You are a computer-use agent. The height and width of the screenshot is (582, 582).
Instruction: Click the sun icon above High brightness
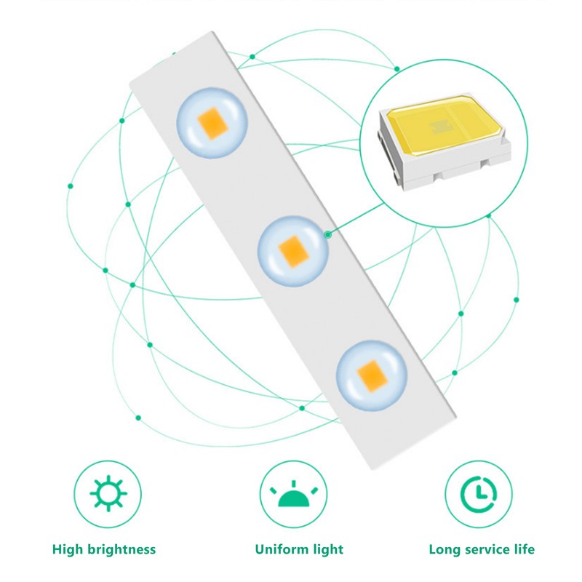(x=108, y=494)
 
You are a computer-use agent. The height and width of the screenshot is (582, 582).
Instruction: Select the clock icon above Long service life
(x=479, y=495)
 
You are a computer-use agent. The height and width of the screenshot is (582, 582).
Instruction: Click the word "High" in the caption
(x=68, y=550)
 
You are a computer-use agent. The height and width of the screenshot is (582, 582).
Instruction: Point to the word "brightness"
(x=121, y=550)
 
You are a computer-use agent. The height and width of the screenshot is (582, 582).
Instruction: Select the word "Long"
(x=445, y=550)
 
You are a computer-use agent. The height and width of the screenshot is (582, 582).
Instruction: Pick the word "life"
(x=524, y=549)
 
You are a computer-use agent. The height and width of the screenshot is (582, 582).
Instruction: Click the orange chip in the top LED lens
(x=212, y=124)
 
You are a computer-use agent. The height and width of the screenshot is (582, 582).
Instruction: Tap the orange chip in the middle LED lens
(x=294, y=251)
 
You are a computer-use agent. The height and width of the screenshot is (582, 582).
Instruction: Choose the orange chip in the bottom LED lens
(x=372, y=376)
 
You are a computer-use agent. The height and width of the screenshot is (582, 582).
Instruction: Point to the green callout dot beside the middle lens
(x=327, y=234)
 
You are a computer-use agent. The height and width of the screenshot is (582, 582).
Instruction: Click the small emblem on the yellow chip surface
(x=442, y=127)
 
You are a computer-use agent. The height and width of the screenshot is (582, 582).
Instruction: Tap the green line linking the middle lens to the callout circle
(x=356, y=219)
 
